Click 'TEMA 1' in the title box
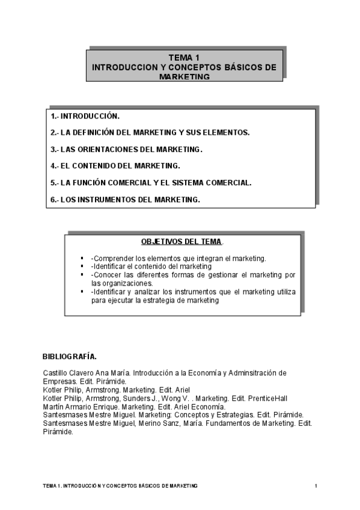185,58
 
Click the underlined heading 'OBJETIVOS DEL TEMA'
181,242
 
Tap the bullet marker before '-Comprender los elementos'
82,258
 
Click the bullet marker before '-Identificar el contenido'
82,266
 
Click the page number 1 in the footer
316,485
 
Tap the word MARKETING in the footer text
184,485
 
